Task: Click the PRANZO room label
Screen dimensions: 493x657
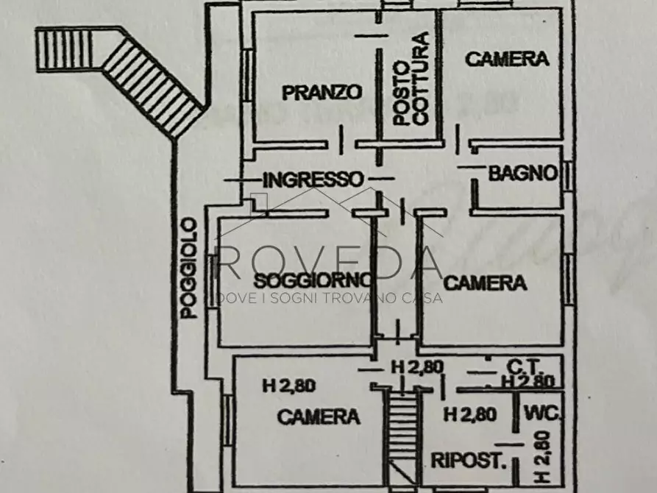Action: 322,92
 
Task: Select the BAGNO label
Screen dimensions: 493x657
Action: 522,174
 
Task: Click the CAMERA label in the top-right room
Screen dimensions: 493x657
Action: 508,60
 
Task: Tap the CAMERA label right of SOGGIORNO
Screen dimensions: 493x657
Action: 486,282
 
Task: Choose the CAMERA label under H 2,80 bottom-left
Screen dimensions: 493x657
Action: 318,416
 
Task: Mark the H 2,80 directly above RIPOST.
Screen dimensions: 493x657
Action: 469,414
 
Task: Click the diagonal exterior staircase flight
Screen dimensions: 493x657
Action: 151,81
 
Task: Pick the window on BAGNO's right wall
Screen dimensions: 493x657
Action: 569,175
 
